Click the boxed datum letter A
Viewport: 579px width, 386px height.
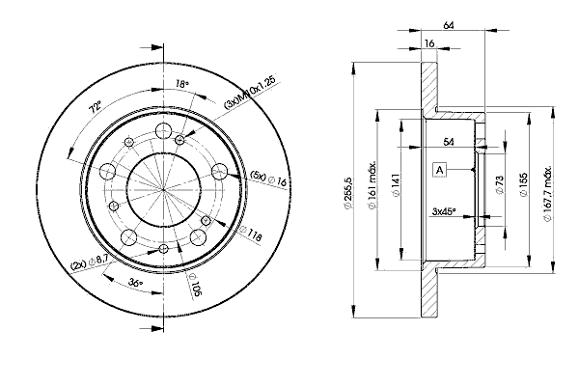pyautogui.click(x=440, y=170)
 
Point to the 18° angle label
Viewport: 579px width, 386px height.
pyautogui.click(x=181, y=85)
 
